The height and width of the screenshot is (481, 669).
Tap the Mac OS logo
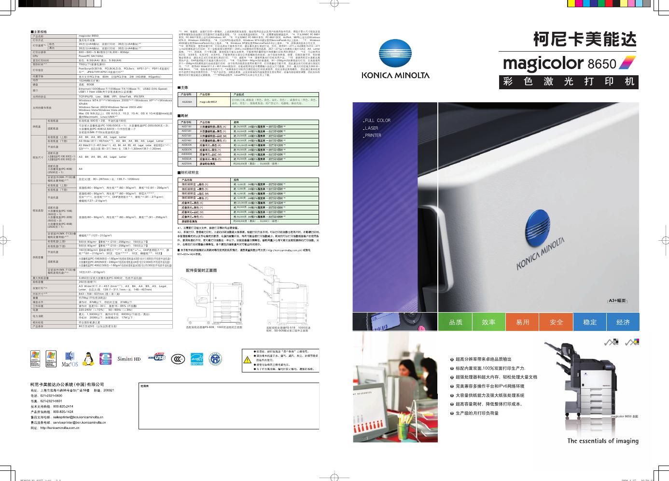(x=70, y=360)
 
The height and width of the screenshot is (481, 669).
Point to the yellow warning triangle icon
(x=247, y=359)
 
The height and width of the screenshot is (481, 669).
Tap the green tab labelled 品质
(x=456, y=322)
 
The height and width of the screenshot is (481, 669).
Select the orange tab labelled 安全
(x=556, y=322)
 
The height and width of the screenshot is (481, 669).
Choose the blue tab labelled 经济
(x=623, y=322)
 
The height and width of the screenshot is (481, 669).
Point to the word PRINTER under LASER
(x=373, y=136)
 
